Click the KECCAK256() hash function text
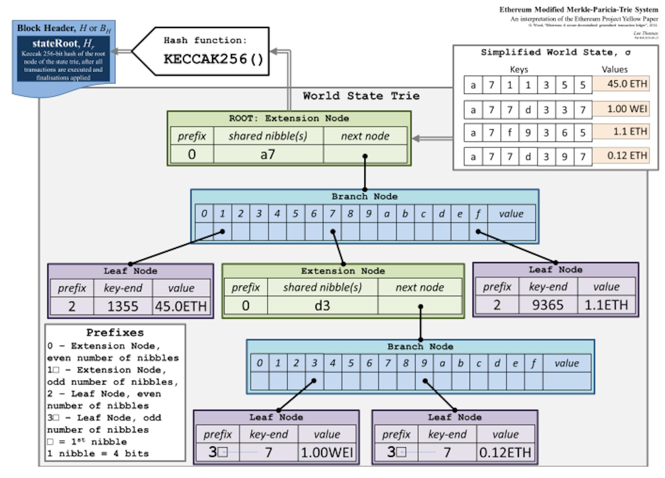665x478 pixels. (213, 59)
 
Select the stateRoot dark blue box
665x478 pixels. (63, 59)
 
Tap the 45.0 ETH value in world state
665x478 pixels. (621, 84)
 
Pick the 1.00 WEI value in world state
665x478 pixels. (621, 109)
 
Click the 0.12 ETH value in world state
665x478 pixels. (621, 156)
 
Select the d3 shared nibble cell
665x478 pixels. (322, 306)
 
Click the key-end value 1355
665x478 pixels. (123, 307)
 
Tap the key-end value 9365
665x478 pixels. (548, 305)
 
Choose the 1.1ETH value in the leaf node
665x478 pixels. (606, 305)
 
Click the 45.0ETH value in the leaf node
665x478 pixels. (181, 307)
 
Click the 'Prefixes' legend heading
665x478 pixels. (115, 333)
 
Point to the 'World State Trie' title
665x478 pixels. (361, 96)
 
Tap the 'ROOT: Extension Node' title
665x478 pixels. (289, 118)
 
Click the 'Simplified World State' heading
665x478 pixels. (556, 53)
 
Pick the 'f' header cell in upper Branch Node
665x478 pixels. (478, 214)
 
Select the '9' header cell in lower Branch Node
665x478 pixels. (424, 363)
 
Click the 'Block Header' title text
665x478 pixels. (64, 28)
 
